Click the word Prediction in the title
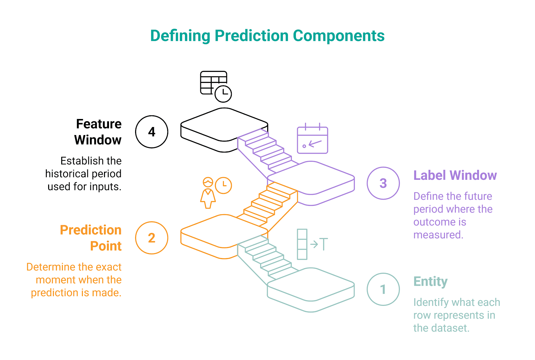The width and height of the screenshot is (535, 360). (x=251, y=36)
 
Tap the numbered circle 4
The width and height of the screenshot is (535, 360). (x=151, y=132)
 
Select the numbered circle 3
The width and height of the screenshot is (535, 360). (x=383, y=183)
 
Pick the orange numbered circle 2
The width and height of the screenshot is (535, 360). (x=151, y=238)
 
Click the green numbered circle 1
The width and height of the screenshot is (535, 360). (x=383, y=289)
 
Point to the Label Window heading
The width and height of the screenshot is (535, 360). (x=455, y=175)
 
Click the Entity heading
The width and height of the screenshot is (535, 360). (x=430, y=281)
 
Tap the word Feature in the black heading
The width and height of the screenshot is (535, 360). (x=99, y=124)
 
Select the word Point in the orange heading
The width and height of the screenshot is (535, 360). (x=106, y=246)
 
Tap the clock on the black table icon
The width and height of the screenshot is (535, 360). (x=223, y=94)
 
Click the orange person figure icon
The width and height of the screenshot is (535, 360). (x=208, y=193)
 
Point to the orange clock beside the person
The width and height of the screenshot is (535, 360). (x=223, y=185)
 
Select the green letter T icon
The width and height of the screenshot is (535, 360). (x=323, y=244)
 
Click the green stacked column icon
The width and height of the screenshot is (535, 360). (x=302, y=244)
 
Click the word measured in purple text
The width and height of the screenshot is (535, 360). (x=438, y=235)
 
